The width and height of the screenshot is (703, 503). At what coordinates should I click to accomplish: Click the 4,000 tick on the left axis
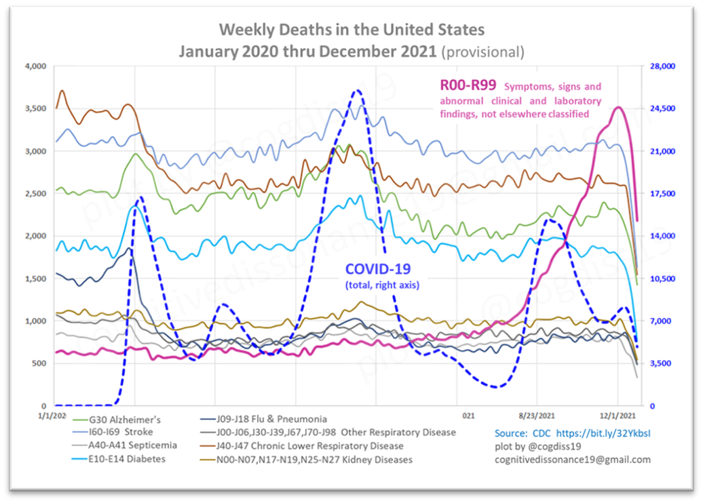tap(34, 66)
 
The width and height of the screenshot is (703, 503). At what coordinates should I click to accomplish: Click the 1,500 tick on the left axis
tap(34, 279)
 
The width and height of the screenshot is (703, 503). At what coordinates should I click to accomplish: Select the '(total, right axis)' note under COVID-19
tap(382, 285)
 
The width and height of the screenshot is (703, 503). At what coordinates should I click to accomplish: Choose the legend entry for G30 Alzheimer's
tap(124, 419)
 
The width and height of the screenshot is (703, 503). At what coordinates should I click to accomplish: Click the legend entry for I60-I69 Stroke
tap(120, 432)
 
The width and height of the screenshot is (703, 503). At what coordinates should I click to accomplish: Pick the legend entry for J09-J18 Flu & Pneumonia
tap(270, 419)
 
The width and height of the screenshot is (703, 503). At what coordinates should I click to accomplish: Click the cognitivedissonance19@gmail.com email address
tap(572, 459)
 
